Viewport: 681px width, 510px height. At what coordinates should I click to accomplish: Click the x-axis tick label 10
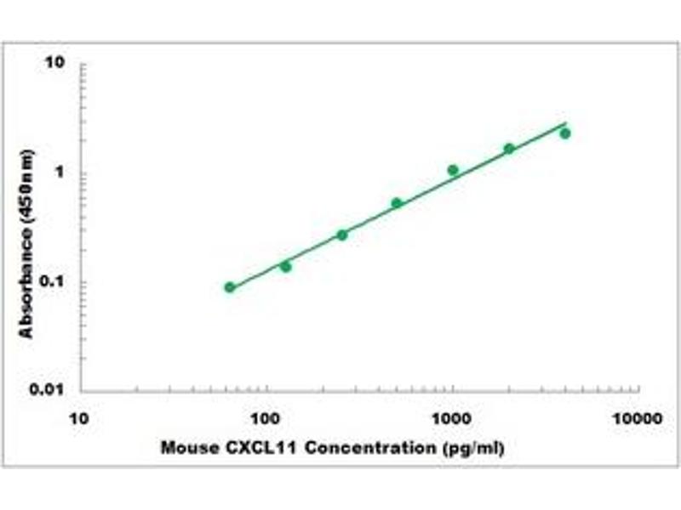(x=78, y=419)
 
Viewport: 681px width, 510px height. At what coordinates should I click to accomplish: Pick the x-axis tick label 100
(x=267, y=419)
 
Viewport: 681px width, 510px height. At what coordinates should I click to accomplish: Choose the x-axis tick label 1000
(x=452, y=419)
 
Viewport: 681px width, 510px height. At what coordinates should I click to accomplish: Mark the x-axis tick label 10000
(x=638, y=419)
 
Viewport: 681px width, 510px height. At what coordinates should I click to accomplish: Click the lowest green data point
(x=230, y=287)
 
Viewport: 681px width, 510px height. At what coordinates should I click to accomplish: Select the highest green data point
(x=564, y=133)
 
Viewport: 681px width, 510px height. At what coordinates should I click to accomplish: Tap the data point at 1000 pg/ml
(x=453, y=170)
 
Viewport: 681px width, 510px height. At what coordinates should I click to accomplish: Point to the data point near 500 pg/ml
(x=397, y=202)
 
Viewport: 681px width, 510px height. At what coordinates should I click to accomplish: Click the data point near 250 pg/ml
(x=342, y=235)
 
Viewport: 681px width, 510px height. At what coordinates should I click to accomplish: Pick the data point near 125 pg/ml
(x=286, y=267)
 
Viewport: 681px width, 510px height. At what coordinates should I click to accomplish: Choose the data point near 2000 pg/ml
(x=509, y=149)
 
